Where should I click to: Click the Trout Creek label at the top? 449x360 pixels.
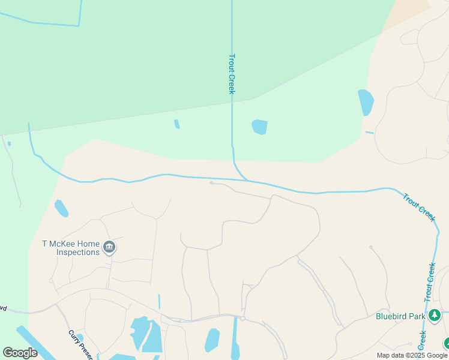point(231,74)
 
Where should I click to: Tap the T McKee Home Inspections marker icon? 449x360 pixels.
point(109,247)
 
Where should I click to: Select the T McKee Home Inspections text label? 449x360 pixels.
point(70,248)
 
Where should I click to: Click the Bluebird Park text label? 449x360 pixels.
point(400,316)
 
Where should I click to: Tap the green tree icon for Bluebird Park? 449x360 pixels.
point(435,315)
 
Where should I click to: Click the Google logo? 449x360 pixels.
point(20,353)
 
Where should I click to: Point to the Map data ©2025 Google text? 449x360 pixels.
point(412,355)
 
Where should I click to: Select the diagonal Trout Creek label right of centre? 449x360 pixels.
point(418,207)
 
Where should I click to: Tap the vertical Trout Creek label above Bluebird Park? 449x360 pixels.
point(430,281)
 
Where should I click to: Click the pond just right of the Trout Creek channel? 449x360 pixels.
point(259,127)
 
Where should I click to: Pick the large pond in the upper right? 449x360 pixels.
point(366,102)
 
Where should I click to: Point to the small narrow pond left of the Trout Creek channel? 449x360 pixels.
point(176,124)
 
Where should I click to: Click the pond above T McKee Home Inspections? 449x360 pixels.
point(61,208)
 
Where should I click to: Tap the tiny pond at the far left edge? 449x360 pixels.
point(9,144)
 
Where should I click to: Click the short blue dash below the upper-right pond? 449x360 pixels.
point(369,133)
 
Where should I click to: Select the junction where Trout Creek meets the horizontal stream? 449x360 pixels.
point(246,179)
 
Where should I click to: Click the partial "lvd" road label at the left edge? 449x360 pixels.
point(3,308)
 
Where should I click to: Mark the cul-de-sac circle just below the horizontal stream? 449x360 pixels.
point(211,183)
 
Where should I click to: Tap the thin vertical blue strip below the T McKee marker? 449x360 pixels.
point(159,301)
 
